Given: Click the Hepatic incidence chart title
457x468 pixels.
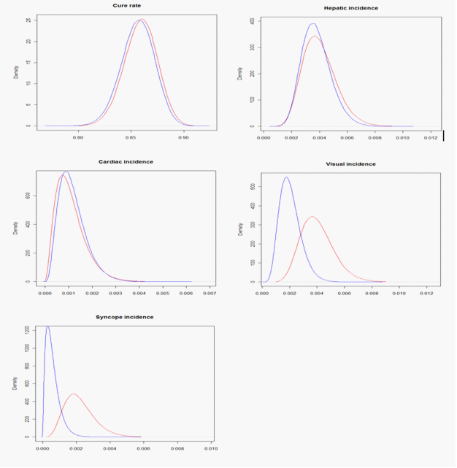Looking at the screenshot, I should click(x=351, y=8).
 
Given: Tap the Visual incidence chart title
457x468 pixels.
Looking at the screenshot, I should click(x=350, y=164).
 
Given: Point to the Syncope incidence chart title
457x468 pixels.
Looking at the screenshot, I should click(x=125, y=317).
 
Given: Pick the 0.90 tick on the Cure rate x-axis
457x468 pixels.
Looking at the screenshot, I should click(x=183, y=137).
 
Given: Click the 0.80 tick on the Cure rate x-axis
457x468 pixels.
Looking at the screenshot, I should click(x=78, y=137).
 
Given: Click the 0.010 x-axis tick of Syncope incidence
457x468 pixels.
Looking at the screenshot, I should click(x=212, y=448).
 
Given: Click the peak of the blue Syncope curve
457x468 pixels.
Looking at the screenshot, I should click(x=47, y=326).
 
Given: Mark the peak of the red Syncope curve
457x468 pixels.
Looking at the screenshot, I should click(x=73, y=394).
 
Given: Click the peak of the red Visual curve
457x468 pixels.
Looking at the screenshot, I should click(x=312, y=216).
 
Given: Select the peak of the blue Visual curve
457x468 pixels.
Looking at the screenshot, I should click(x=286, y=177).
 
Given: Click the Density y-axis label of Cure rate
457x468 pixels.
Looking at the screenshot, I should click(x=17, y=72).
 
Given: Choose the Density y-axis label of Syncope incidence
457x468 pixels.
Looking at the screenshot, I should click(x=17, y=383).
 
